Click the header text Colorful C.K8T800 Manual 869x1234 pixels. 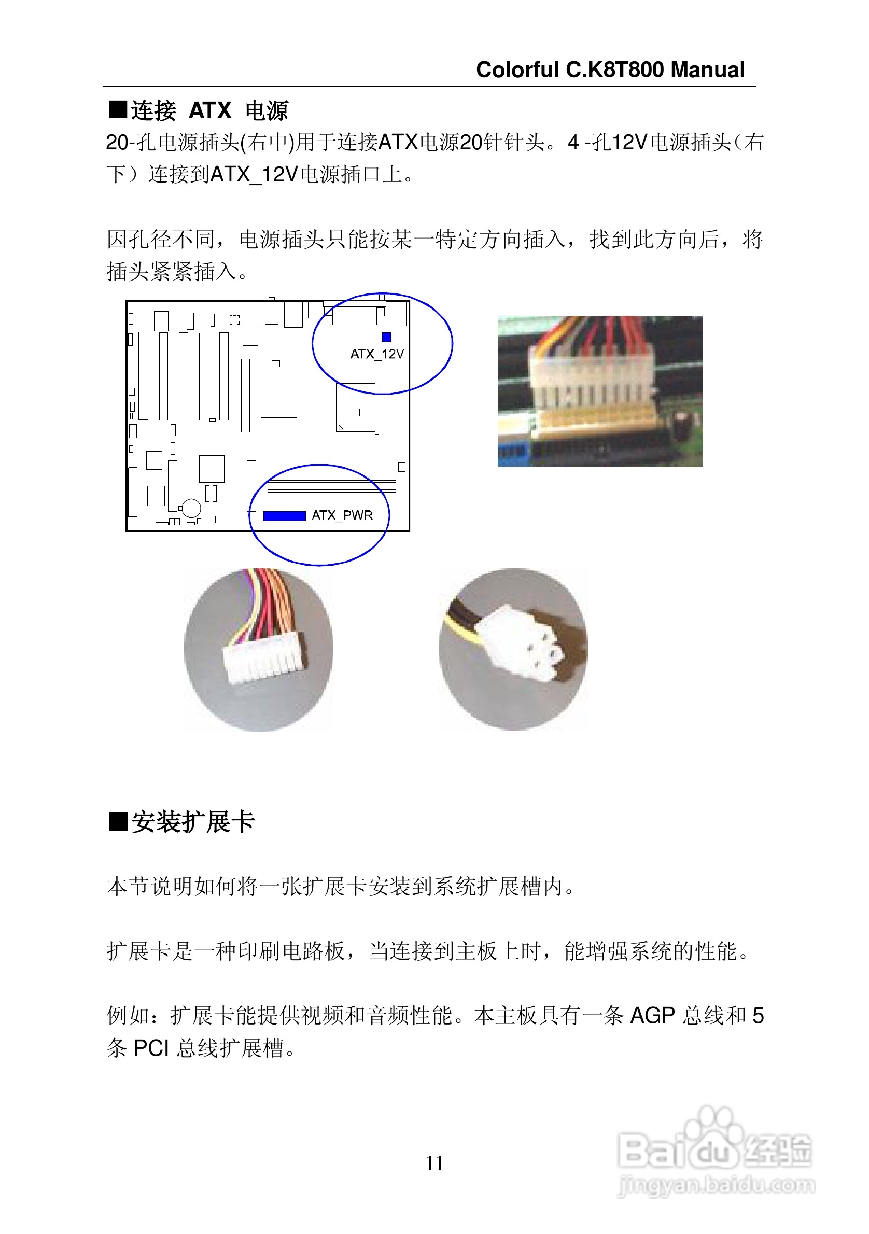[x=610, y=70]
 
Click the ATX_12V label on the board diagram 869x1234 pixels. [x=377, y=354]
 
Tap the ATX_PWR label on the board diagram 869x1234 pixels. [x=342, y=515]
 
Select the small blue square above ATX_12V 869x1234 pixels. [x=386, y=337]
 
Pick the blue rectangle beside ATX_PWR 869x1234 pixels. [x=284, y=516]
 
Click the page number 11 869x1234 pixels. [x=434, y=1163]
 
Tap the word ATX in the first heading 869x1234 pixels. [x=210, y=111]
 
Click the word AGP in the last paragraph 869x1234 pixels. [x=652, y=1016]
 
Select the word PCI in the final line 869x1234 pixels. [x=151, y=1048]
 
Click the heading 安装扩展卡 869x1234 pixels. [x=193, y=821]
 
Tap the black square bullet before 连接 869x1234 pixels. [x=118, y=109]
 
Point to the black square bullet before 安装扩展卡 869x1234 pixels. [x=118, y=821]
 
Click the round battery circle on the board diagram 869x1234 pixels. [x=191, y=508]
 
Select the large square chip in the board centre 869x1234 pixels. [x=278, y=399]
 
